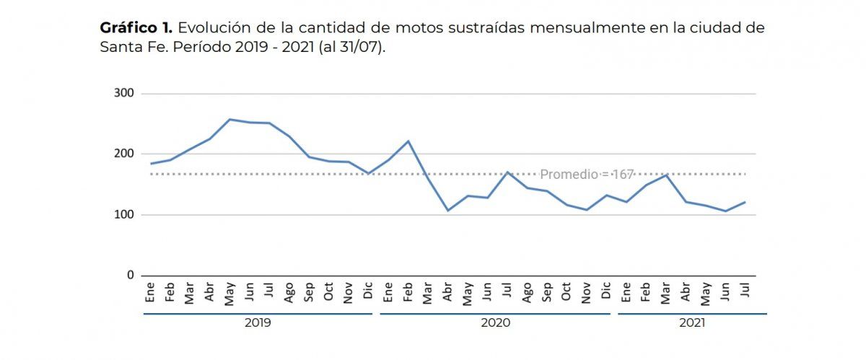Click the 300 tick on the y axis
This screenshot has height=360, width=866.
pyautogui.click(x=125, y=93)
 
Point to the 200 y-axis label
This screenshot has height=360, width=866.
pyautogui.click(x=125, y=154)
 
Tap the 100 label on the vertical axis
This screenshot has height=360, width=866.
pyautogui.click(x=125, y=214)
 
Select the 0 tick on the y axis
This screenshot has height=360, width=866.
pyautogui.click(x=130, y=275)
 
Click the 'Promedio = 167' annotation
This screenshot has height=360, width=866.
pyautogui.click(x=587, y=175)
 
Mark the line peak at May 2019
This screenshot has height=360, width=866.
pyautogui.click(x=229, y=119)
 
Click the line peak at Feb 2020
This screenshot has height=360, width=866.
pyautogui.click(x=408, y=141)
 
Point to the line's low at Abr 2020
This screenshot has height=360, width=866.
pyautogui.click(x=448, y=211)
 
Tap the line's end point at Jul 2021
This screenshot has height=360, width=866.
pyautogui.click(x=745, y=202)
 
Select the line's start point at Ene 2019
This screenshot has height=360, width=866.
pyautogui.click(x=150, y=164)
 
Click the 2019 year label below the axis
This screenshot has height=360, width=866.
pyautogui.click(x=258, y=323)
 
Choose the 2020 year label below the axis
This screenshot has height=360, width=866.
pyautogui.click(x=495, y=323)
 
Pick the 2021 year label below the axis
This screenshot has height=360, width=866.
pyautogui.click(x=692, y=323)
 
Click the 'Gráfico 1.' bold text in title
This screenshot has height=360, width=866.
pyautogui.click(x=135, y=28)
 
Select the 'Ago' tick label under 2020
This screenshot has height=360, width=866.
pyautogui.click(x=528, y=292)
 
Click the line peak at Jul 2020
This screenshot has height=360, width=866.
pyautogui.click(x=508, y=172)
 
